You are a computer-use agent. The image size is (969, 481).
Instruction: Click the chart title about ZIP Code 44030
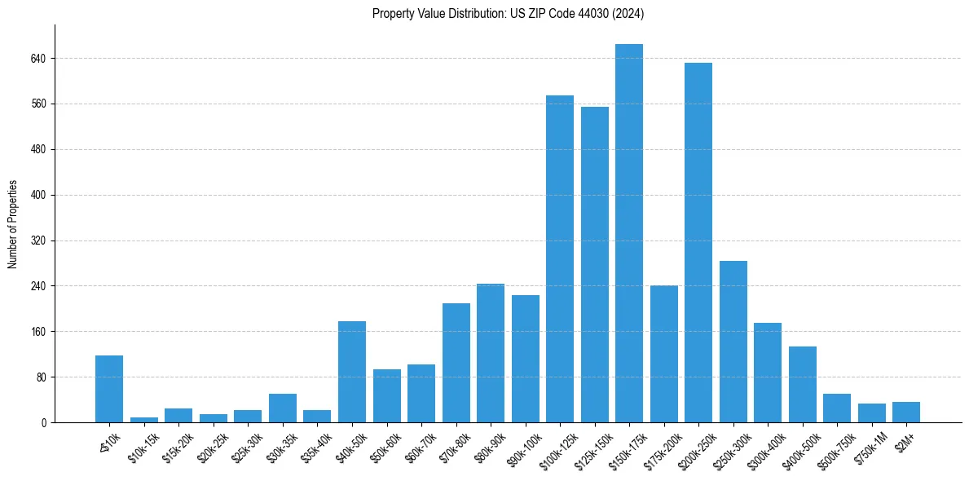tap(508, 13)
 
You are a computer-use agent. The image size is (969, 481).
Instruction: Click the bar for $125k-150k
tap(594, 265)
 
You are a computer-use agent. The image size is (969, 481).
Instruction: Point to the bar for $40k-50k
tap(352, 372)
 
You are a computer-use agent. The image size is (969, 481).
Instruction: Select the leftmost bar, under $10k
tap(109, 389)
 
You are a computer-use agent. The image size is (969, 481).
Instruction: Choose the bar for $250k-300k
tap(733, 342)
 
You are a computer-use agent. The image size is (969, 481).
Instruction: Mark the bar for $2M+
tap(906, 413)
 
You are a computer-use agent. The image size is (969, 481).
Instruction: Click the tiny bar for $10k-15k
tap(144, 420)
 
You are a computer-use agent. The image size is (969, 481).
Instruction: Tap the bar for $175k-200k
tap(663, 354)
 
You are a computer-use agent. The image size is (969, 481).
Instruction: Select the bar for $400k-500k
tap(802, 385)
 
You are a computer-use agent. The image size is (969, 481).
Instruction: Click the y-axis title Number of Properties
tap(13, 224)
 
